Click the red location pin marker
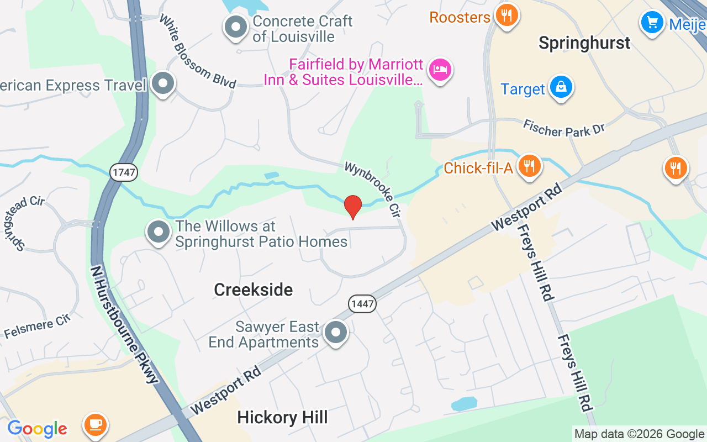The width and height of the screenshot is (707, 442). pyautogui.click(x=353, y=207)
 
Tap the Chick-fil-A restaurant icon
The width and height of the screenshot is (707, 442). pyautogui.click(x=529, y=165)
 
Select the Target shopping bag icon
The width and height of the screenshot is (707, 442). pyautogui.click(x=561, y=87)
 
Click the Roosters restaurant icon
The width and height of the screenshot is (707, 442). pyautogui.click(x=505, y=15)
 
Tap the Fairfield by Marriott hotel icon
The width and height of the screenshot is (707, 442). pyautogui.click(x=440, y=70)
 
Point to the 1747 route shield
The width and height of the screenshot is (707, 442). pyautogui.click(x=123, y=172)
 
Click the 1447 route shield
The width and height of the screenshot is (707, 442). pyautogui.click(x=362, y=303)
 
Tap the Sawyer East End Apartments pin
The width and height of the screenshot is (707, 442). pyautogui.click(x=335, y=333)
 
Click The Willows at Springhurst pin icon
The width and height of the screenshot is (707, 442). pyautogui.click(x=159, y=233)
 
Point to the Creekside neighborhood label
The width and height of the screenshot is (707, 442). pyautogui.click(x=253, y=290)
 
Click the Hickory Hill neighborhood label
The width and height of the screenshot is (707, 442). pyautogui.click(x=282, y=418)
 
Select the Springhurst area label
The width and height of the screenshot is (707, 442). pyautogui.click(x=584, y=43)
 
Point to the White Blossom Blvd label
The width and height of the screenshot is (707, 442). pyautogui.click(x=197, y=51)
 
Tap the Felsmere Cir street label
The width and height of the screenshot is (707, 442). pyautogui.click(x=38, y=326)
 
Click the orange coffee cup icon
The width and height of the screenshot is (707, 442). pyautogui.click(x=95, y=423)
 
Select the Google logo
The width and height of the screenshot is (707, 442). pyautogui.click(x=37, y=428)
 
